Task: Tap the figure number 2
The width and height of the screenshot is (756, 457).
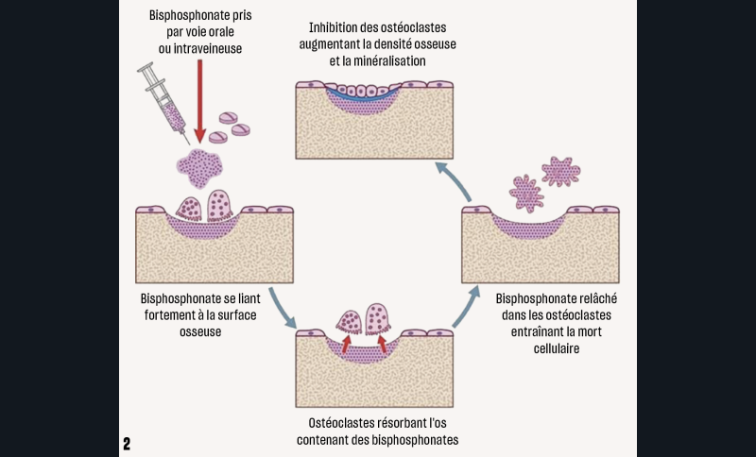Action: coord(127,443)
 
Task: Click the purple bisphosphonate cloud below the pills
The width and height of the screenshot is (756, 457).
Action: coord(199,166)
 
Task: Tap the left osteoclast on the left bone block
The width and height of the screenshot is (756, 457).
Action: coord(190,208)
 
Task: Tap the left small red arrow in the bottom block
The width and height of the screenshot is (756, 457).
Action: coord(347,344)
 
